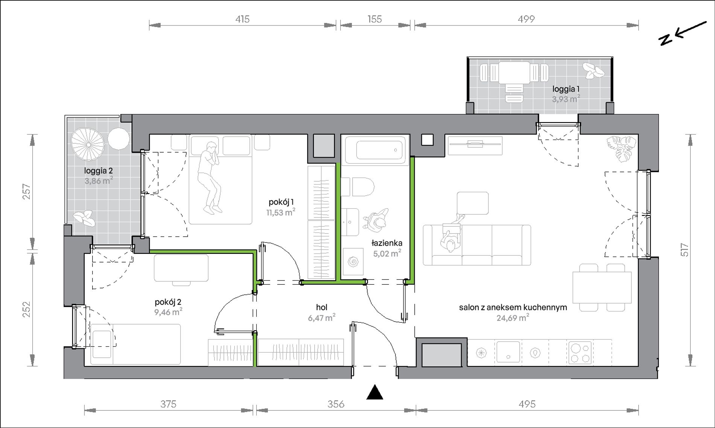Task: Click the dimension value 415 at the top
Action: pos(243,19)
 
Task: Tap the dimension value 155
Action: pos(375,19)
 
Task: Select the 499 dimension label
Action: pos(526,19)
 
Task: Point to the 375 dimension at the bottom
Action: pos(168,404)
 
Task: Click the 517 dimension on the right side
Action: pos(685,250)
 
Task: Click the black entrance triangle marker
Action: pos(375,392)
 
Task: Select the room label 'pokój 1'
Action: pos(281,202)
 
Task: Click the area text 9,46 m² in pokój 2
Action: pos(168,312)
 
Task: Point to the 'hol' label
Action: pos(322,307)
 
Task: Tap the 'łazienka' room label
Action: pos(387,243)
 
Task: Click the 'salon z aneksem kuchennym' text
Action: pos(513,307)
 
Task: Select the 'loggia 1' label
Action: pos(566,89)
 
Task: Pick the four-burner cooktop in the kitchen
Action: pos(580,352)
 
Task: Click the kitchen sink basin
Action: pos(508,352)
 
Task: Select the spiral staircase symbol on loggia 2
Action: pos(88,144)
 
